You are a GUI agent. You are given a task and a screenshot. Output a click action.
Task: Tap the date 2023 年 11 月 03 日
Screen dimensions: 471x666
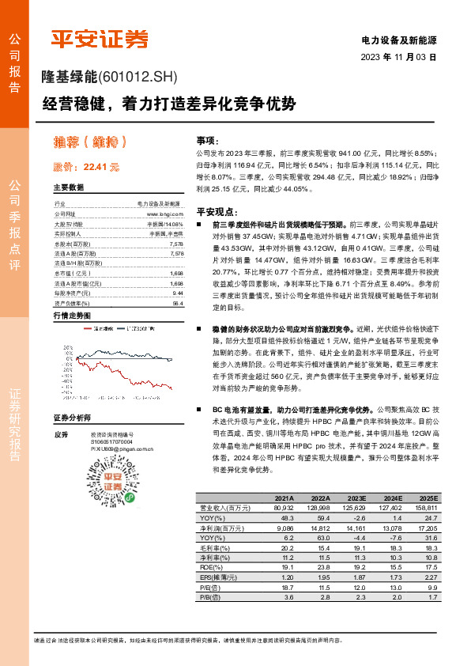pos(398,58)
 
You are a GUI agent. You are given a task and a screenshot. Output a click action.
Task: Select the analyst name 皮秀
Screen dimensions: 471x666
pos(60,434)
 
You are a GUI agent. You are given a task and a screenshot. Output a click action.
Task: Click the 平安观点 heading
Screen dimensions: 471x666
pos(217,211)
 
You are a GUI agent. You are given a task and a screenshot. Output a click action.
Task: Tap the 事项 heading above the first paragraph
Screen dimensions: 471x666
pos(206,138)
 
